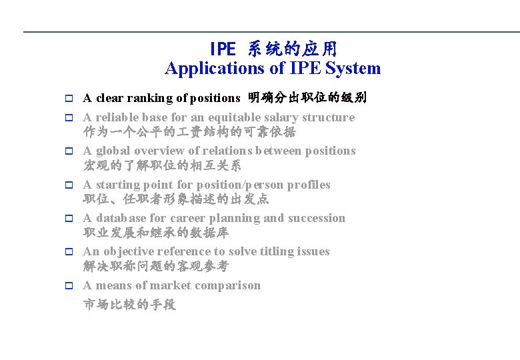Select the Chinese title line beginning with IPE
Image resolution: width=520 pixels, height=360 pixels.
273,49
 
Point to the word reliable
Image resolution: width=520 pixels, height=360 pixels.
117,118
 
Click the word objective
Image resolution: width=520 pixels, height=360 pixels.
127,251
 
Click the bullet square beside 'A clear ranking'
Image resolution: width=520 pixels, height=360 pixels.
68,99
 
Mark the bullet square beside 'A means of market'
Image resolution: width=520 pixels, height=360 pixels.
68,286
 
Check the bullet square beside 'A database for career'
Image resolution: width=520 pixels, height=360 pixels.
68,219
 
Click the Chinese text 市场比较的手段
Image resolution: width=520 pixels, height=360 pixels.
129,305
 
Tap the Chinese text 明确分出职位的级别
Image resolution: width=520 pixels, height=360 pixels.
307,99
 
